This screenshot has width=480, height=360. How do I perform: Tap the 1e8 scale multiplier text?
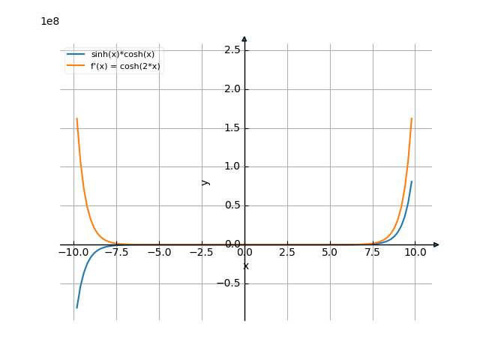pyautogui.click(x=49, y=21)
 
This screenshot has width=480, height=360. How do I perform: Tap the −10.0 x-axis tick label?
pyautogui.click(x=73, y=253)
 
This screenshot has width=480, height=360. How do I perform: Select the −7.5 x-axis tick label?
pyautogui.click(x=116, y=253)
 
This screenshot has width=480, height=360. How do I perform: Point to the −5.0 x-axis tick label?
pyautogui.click(x=159, y=253)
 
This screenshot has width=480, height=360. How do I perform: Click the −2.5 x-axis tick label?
pyautogui.click(x=202, y=253)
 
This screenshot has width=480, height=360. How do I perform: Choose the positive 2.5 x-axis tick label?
pyautogui.click(x=287, y=253)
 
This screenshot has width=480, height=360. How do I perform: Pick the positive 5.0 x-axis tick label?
pyautogui.click(x=330, y=253)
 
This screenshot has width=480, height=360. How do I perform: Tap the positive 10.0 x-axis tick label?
pyautogui.click(x=415, y=253)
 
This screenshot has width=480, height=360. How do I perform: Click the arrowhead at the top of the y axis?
pyautogui.click(x=244, y=39)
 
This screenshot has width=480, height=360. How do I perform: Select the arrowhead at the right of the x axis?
pyautogui.click(x=436, y=244)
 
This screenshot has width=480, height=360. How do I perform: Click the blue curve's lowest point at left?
pyautogui.click(x=76, y=307)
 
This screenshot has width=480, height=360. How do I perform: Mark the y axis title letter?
pyautogui.click(x=205, y=181)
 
